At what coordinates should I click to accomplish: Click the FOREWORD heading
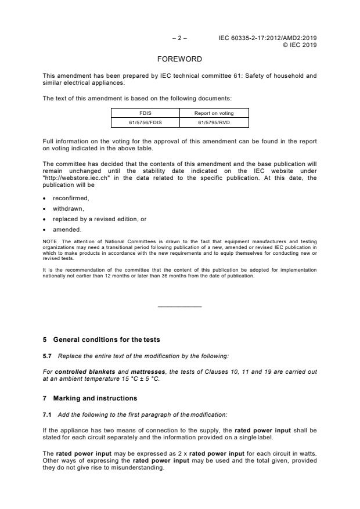pyautogui.click(x=180, y=59)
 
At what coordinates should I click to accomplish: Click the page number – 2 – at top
pyautogui.click(x=179, y=38)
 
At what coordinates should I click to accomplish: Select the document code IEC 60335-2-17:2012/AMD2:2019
pyautogui.click(x=267, y=38)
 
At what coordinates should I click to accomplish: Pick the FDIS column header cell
pyautogui.click(x=145, y=114)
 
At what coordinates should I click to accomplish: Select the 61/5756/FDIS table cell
pyautogui.click(x=145, y=122)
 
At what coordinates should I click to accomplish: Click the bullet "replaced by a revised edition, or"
pyautogui.click(x=93, y=219)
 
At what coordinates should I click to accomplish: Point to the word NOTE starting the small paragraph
pyautogui.click(x=49, y=241)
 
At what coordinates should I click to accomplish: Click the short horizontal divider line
pyautogui.click(x=179, y=306)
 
